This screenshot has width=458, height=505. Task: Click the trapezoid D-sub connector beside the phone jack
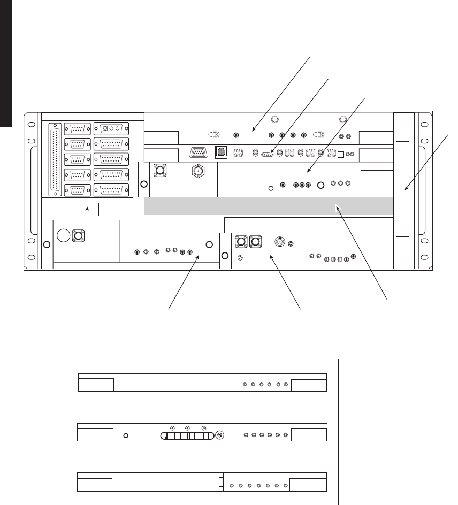click(198, 152)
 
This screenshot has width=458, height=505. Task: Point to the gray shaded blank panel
click(268, 205)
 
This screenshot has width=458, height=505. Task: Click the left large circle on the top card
click(275, 120)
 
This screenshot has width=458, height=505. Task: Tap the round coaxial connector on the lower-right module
click(279, 242)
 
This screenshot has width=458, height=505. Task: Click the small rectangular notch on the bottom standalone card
click(221, 482)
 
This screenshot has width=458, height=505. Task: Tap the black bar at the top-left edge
click(5, 64)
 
